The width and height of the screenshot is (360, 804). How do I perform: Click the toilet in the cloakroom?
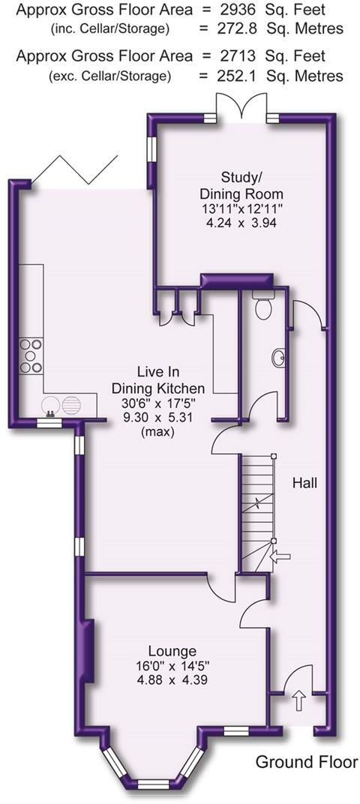point(264,304)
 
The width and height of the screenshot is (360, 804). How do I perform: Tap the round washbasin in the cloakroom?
point(279,358)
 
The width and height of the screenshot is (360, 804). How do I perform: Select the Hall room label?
point(305,482)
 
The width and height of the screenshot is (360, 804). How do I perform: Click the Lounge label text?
point(172,652)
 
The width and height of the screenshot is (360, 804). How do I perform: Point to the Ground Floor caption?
point(307,762)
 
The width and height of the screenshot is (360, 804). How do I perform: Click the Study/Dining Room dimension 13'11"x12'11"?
point(241,208)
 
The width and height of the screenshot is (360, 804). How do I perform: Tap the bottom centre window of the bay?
point(153,784)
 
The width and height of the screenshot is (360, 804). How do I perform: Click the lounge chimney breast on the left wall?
point(88,651)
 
